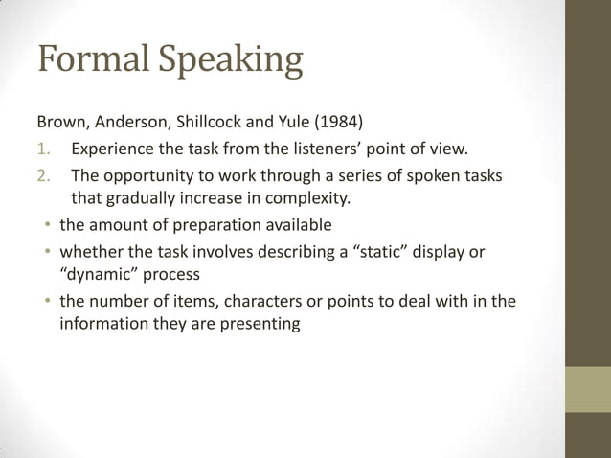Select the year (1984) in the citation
335,124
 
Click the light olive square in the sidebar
588,389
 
